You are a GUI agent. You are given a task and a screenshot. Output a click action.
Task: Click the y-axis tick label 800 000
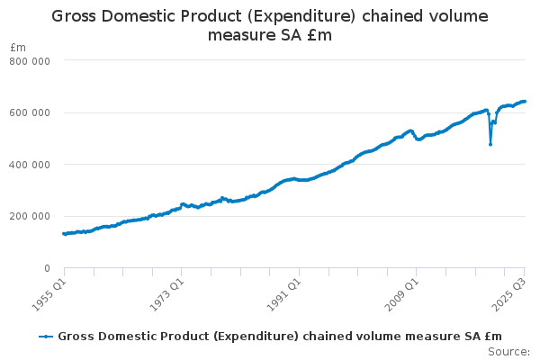click(31, 60)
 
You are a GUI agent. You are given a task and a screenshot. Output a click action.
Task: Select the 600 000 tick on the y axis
click(31, 112)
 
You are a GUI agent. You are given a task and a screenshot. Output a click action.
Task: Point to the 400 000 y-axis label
click(31, 165)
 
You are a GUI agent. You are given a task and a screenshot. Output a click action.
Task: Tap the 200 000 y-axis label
click(31, 216)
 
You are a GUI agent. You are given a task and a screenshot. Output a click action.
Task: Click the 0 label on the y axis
click(46, 268)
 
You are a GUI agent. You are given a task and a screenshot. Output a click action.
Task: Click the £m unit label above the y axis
click(18, 47)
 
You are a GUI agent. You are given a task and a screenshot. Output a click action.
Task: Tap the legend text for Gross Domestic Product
click(280, 337)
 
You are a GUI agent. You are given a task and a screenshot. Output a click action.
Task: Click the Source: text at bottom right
click(509, 351)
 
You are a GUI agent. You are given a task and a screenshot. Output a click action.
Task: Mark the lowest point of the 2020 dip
click(490, 144)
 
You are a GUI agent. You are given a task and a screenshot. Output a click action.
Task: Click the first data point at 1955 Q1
click(63, 233)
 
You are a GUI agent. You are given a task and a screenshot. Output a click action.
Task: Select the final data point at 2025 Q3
click(525, 102)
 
